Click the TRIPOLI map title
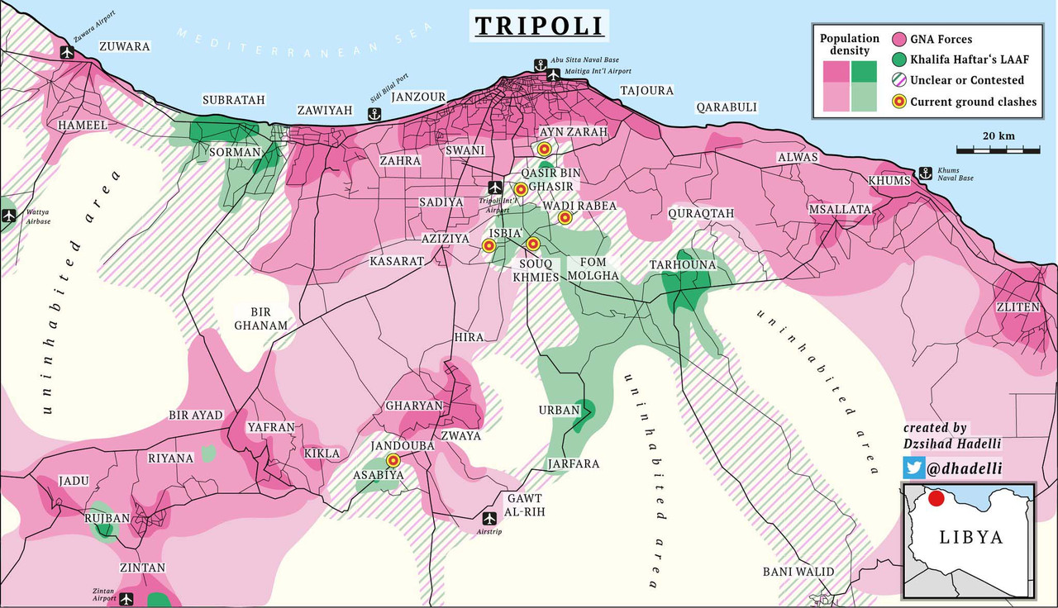coord(540,25)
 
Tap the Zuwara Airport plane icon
coord(68,52)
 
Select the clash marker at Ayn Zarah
coord(544,149)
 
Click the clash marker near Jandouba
coord(393,460)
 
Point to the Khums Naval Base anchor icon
coord(926,173)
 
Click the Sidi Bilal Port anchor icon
coord(373,114)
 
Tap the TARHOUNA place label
coord(682,264)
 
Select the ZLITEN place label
coord(1017,306)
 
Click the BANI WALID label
coord(798,572)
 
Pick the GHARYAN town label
coord(414,406)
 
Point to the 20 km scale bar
coord(998,150)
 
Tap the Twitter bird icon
coord(913,468)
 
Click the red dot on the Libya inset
coord(936,498)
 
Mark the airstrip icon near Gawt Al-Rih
coord(489,518)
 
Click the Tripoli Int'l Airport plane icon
coord(495,187)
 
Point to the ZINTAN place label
coord(142,568)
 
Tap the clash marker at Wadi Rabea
coord(565,218)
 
